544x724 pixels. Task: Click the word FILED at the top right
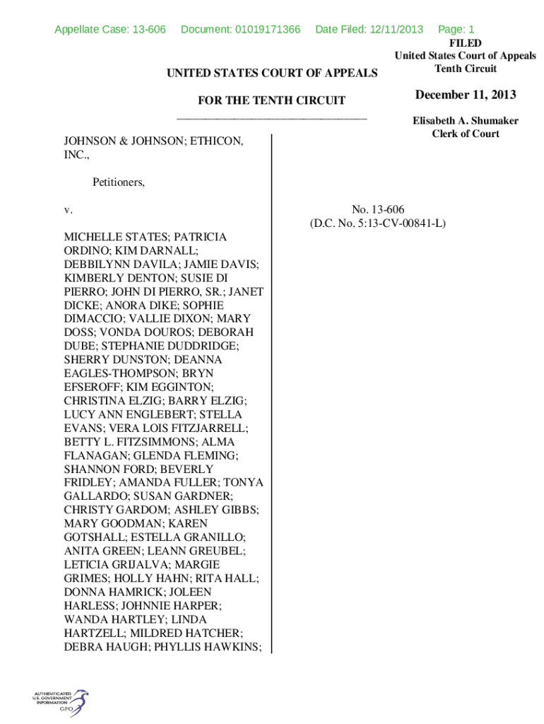pos(466,43)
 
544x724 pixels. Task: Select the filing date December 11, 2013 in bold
pos(466,95)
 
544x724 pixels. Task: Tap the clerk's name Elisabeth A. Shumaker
pos(466,121)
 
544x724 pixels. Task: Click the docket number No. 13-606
pos(377,209)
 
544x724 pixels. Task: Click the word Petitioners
pos(118,182)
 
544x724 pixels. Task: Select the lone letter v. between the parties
pos(68,210)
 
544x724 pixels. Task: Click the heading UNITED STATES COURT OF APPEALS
pos(271,73)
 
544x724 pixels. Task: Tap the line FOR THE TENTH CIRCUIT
pos(271,101)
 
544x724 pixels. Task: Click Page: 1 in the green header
pos(456,29)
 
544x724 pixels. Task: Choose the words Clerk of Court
pos(466,134)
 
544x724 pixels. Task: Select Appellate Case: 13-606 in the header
pos(110,29)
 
